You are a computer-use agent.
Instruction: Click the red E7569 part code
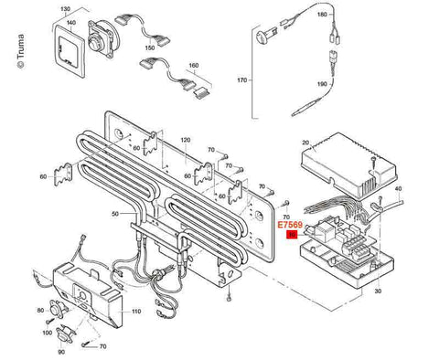click(x=290, y=223)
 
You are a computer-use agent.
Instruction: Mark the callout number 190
click(x=321, y=82)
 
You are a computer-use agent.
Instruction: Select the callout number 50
click(x=116, y=213)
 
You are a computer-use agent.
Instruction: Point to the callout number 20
click(x=306, y=143)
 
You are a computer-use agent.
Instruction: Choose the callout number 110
click(x=136, y=312)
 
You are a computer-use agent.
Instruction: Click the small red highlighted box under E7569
click(x=292, y=235)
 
